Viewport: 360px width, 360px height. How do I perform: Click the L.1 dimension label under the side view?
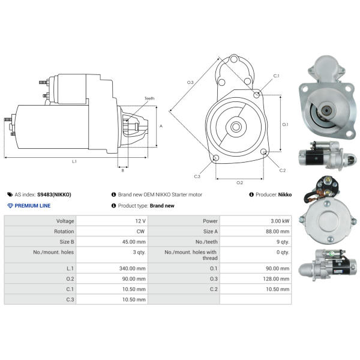(x=74, y=161)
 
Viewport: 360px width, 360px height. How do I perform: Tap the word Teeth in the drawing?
(x=149, y=98)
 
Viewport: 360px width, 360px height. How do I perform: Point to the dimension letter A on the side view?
(x=161, y=126)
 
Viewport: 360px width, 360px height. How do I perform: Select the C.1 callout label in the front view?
(x=277, y=76)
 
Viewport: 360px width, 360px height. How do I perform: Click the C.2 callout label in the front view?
(x=283, y=170)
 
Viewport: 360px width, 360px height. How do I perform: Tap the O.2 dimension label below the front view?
(x=239, y=182)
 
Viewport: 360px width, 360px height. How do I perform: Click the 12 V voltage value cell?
(x=140, y=221)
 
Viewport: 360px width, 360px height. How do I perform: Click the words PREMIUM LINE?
(x=32, y=206)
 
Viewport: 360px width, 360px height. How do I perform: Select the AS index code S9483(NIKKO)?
(x=54, y=194)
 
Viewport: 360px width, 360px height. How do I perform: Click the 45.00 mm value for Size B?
(x=134, y=241)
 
